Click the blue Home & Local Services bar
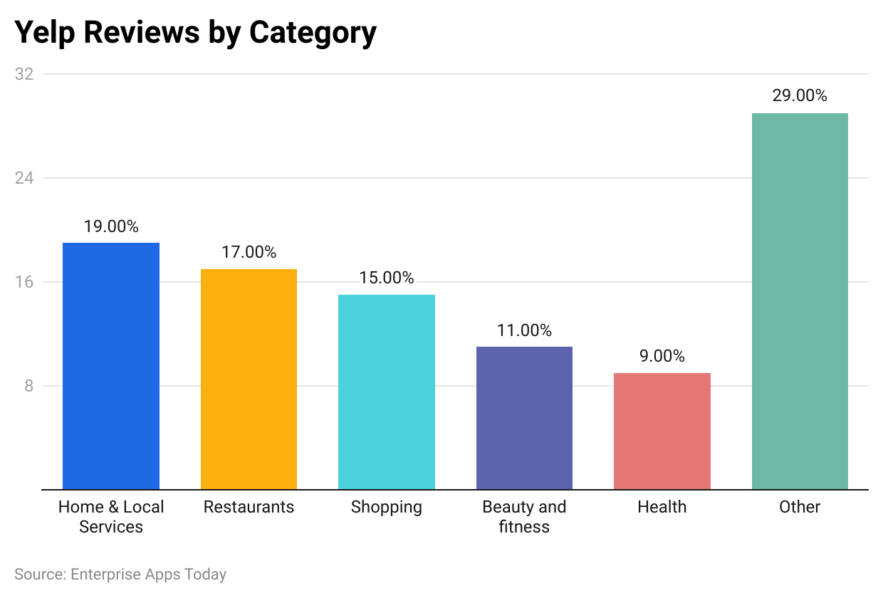(x=111, y=366)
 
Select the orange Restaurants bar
(x=249, y=379)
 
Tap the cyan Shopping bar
(x=387, y=392)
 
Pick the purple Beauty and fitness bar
(x=524, y=418)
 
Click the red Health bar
(x=662, y=431)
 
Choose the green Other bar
(x=800, y=301)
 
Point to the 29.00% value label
(x=800, y=96)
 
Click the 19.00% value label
(x=111, y=226)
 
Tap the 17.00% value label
(x=249, y=252)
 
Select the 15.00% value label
(x=387, y=278)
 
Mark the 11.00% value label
(x=524, y=330)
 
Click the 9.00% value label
(x=662, y=356)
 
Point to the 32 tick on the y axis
(x=24, y=74)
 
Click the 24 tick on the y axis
(x=24, y=178)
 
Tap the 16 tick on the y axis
(x=24, y=282)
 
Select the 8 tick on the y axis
(x=29, y=386)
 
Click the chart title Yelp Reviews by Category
(x=195, y=33)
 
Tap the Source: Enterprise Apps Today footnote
(x=120, y=574)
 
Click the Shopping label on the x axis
(x=387, y=507)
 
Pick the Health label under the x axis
(x=662, y=507)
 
